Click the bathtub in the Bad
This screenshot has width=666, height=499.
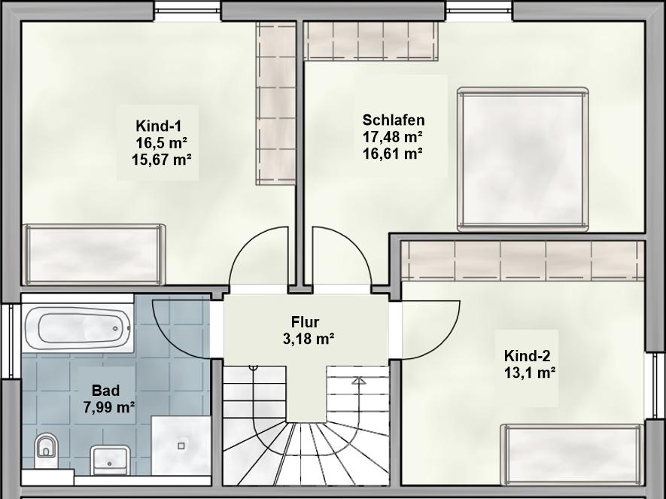(x=78, y=328)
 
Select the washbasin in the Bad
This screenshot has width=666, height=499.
(x=110, y=460)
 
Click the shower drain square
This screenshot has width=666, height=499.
(x=181, y=446)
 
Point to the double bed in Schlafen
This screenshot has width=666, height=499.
(x=523, y=160)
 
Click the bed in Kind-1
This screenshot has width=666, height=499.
(x=94, y=254)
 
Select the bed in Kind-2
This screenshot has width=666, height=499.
(x=572, y=454)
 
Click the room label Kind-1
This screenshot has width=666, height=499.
(x=159, y=126)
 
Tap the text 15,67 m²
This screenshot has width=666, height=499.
(x=161, y=160)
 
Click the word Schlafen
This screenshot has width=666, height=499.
(x=394, y=120)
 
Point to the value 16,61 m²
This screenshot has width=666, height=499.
(x=393, y=153)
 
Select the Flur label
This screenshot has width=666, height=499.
(x=305, y=322)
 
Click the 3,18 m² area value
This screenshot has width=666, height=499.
(x=309, y=339)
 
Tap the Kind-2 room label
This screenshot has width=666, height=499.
(x=527, y=355)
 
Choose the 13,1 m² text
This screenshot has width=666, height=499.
(x=530, y=373)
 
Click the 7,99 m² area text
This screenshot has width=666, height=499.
(x=110, y=407)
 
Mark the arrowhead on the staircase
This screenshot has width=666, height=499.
(x=359, y=380)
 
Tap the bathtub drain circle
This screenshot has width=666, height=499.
(x=116, y=328)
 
